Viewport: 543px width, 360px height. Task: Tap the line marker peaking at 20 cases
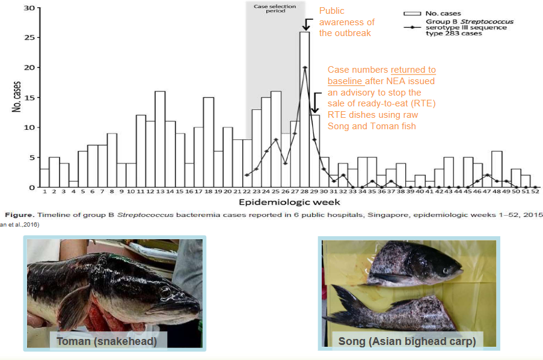coord(305,68)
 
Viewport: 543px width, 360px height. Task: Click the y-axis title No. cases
coord(16,97)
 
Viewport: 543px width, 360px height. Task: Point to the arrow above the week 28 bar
coord(305,24)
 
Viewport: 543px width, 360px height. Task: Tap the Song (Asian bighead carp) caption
coord(407,341)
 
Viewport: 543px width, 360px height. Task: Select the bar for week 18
coord(209,142)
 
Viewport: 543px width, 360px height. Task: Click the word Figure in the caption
coord(16,215)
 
